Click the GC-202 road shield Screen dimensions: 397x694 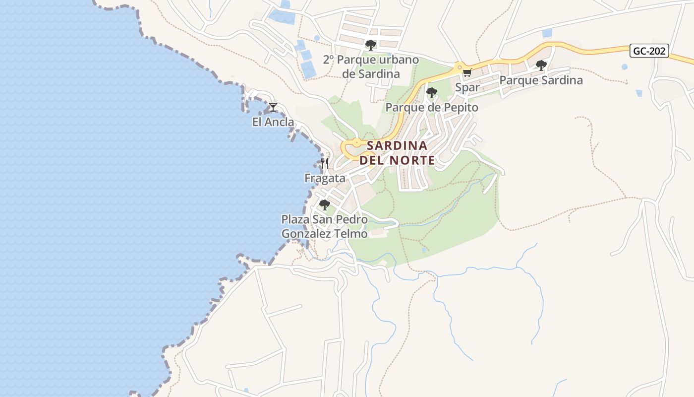[x=650, y=51]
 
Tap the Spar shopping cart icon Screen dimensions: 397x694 [x=466, y=73]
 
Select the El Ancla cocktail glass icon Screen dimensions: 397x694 [x=273, y=107]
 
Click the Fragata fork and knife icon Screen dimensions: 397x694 [x=325, y=163]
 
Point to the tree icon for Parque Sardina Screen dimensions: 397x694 [x=541, y=65]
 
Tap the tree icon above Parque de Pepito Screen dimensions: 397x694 [x=431, y=92]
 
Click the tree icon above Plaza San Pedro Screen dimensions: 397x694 [x=324, y=204]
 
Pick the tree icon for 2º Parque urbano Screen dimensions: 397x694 [x=370, y=45]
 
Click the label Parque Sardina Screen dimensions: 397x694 [x=541, y=80]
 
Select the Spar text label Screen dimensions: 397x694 [x=467, y=87]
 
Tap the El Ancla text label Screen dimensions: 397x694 [x=273, y=122]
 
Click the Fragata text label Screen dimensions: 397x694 [x=325, y=178]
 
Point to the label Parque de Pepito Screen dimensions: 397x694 [x=431, y=107]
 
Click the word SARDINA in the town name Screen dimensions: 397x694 [x=397, y=145]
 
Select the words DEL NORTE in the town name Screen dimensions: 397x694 [x=397, y=160]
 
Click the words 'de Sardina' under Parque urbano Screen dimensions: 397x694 [x=371, y=74]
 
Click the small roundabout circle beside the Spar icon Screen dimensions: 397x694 [x=460, y=66]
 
